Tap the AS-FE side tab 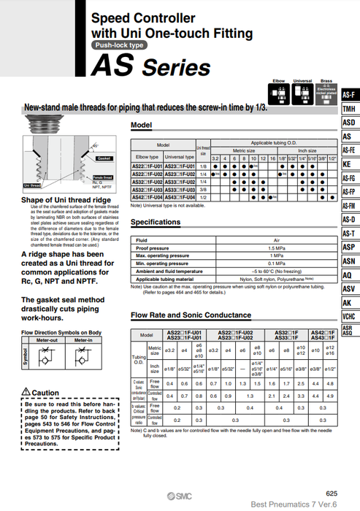click(x=349, y=150)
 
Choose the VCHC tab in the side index click(x=349, y=316)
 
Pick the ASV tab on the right click(x=349, y=288)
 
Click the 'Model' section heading click(x=141, y=126)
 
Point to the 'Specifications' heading click(x=155, y=222)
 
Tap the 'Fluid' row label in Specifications click(x=142, y=240)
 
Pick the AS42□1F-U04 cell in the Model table click(x=147, y=197)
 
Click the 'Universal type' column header click(x=180, y=156)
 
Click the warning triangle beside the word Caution click(x=26, y=393)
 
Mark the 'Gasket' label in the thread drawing click(x=103, y=158)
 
